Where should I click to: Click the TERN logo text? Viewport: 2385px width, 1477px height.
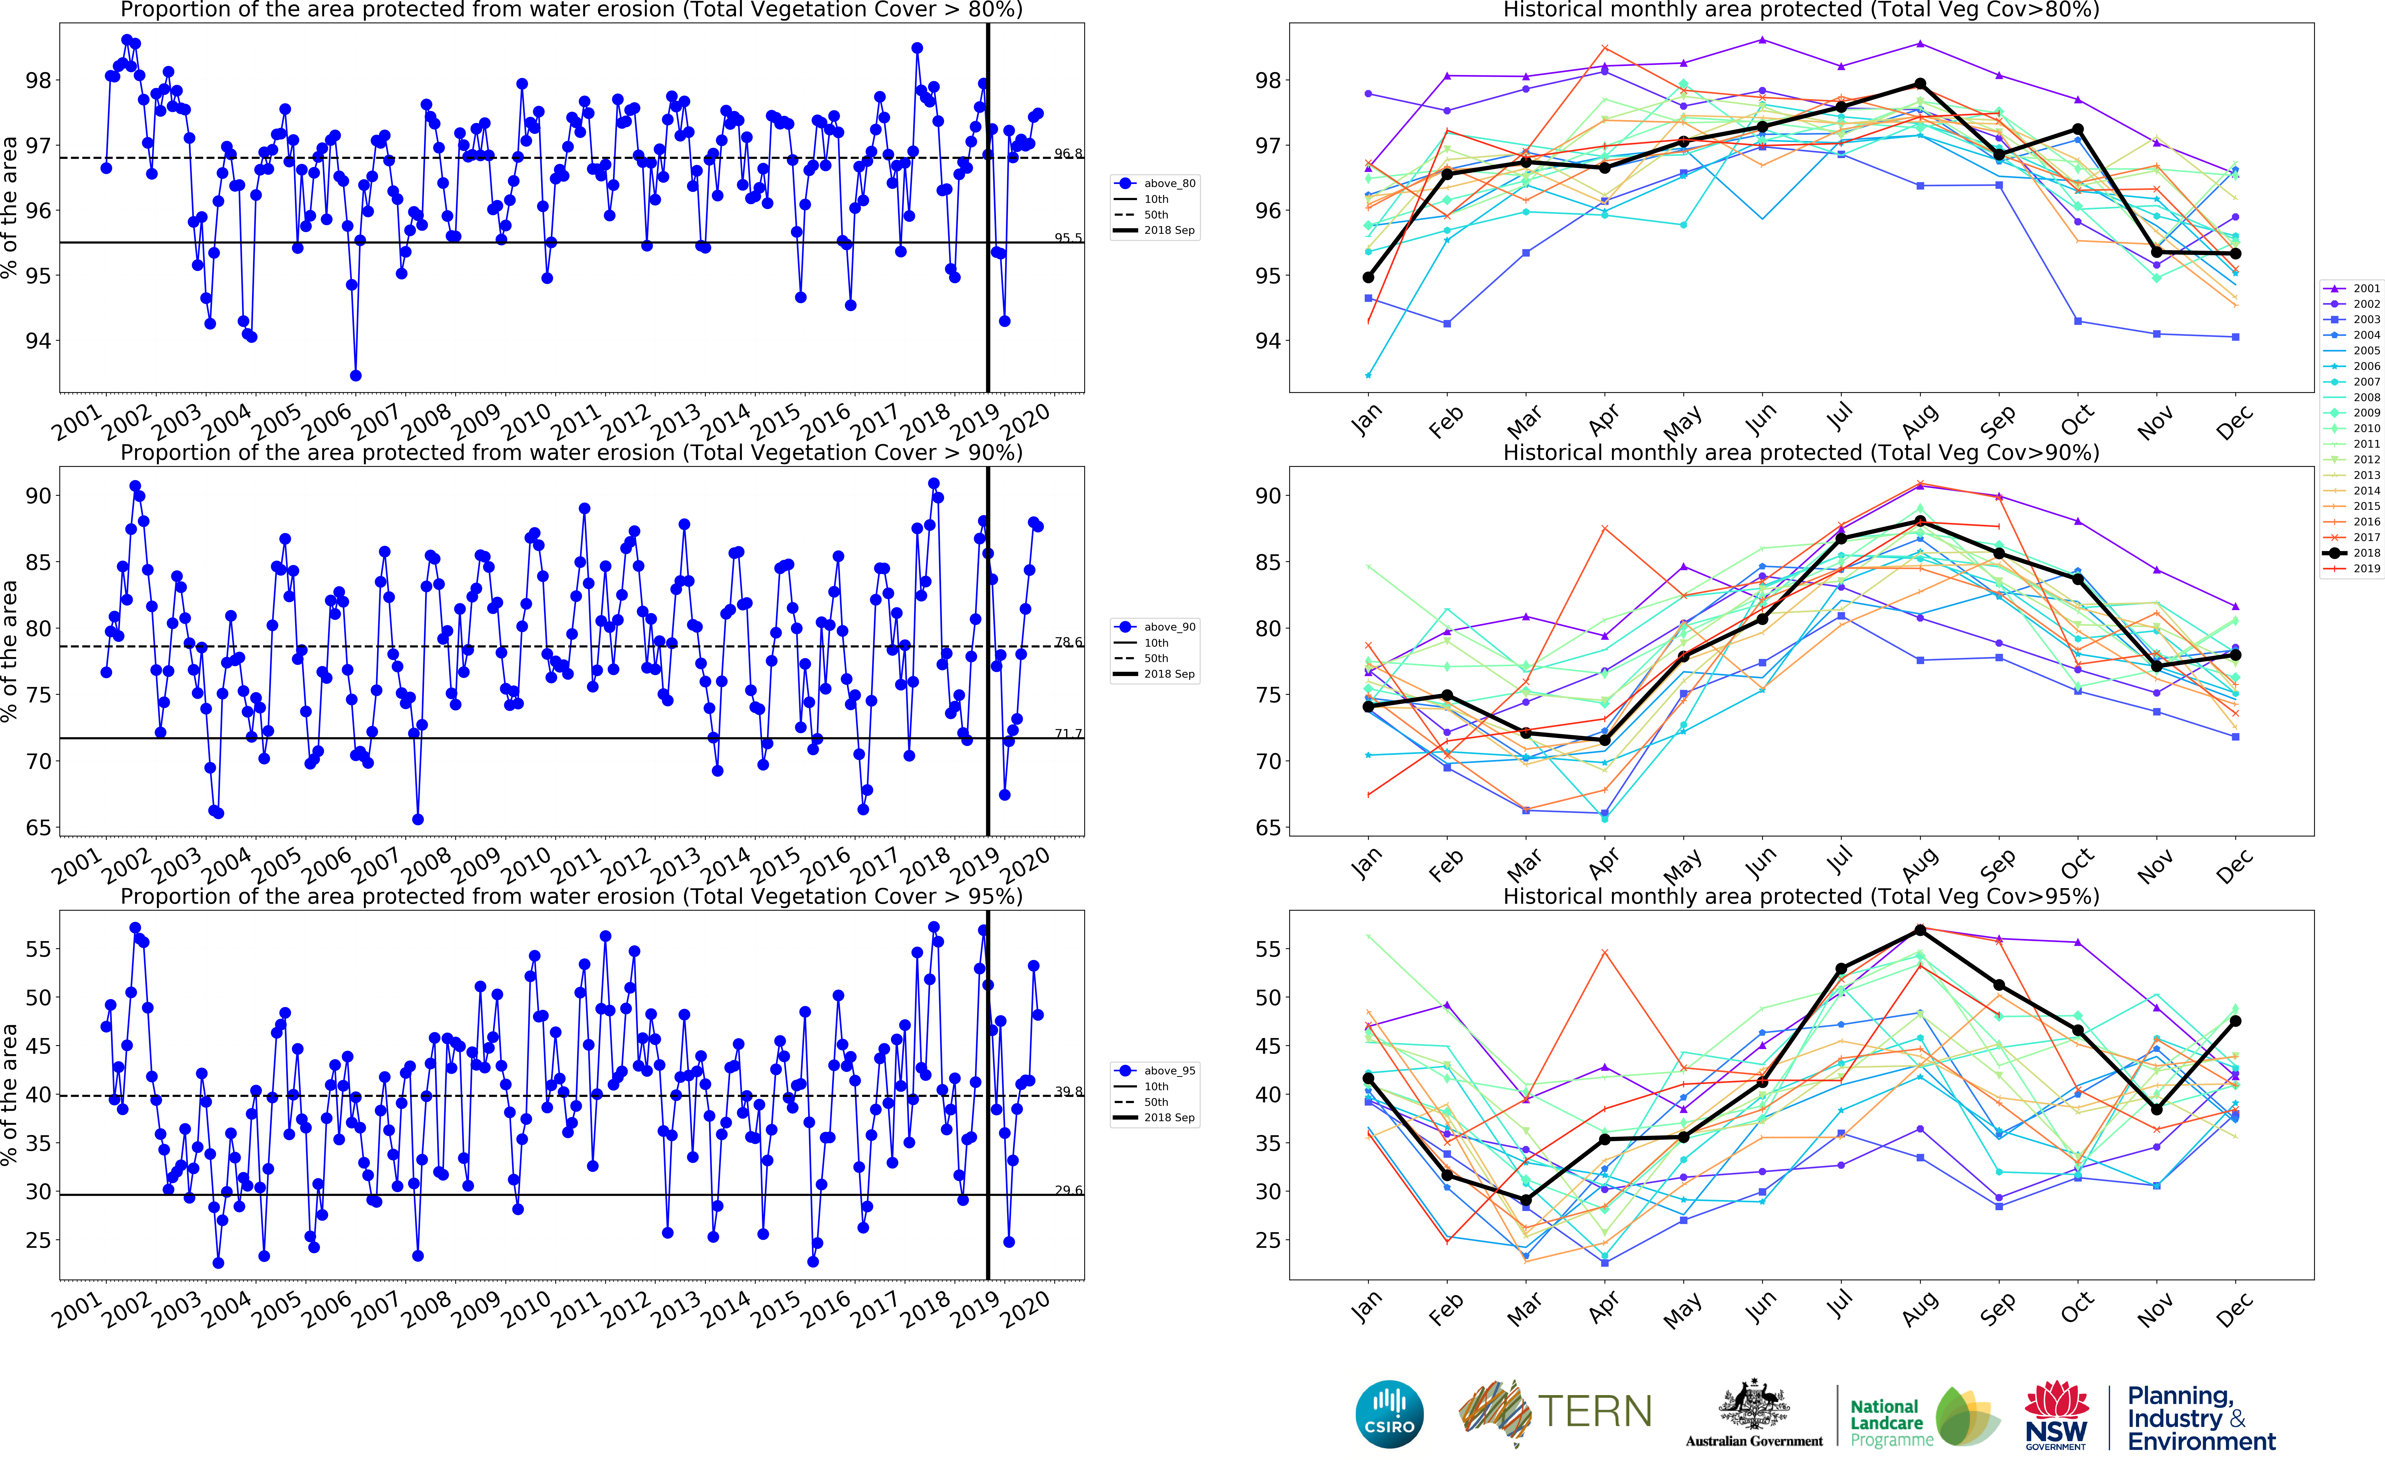1595,1412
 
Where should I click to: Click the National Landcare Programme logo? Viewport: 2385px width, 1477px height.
1920,1416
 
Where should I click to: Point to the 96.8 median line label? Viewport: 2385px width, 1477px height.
1068,153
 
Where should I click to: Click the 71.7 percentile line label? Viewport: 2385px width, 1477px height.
1068,734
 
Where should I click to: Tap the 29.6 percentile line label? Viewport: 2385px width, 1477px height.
1068,1190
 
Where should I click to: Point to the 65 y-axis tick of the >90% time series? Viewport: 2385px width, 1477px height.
39,828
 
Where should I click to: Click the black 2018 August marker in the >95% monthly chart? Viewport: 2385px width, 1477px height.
1920,930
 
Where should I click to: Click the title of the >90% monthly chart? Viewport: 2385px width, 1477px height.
1801,452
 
